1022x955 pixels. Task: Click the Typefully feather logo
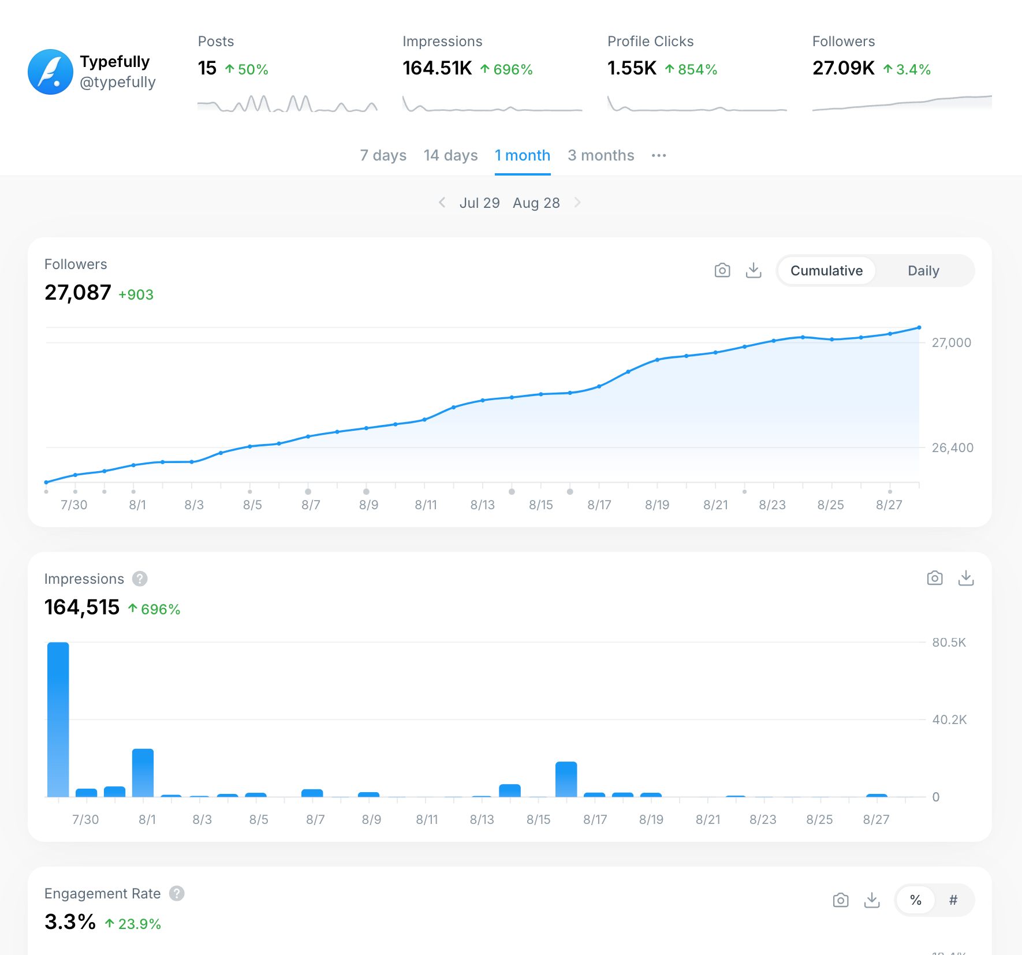(51, 72)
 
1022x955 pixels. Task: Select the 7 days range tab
(383, 155)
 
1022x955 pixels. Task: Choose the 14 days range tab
(450, 155)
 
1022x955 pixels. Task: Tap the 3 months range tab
(600, 155)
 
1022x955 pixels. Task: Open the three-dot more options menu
(659, 155)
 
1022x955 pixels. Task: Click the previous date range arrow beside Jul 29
(442, 203)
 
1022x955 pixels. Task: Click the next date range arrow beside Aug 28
(577, 203)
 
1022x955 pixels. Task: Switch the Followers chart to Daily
(923, 271)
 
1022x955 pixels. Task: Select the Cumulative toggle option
(826, 271)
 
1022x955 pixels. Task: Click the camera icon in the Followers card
(722, 270)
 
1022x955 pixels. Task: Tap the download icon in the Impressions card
(966, 578)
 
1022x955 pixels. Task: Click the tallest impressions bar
(58, 719)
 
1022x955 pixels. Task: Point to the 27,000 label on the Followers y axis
(952, 342)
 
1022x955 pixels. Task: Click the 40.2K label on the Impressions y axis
(949, 719)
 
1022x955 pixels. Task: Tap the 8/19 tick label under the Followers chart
(657, 505)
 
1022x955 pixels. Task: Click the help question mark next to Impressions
(140, 579)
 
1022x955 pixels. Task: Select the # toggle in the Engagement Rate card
(953, 900)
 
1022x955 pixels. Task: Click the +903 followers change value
(136, 294)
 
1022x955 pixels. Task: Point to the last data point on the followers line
(919, 327)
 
